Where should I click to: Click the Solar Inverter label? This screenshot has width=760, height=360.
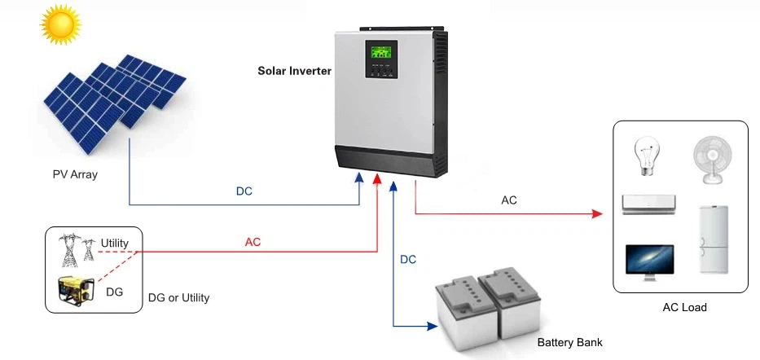(x=294, y=71)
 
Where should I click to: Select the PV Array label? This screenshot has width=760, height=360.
(x=72, y=174)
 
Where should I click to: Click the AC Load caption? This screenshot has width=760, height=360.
(x=684, y=308)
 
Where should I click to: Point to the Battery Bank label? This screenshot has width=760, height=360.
(x=569, y=343)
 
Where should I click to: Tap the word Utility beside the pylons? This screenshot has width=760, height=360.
(x=115, y=244)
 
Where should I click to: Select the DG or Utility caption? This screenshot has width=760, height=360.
(x=178, y=298)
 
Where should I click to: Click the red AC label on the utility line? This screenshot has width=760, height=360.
(x=253, y=242)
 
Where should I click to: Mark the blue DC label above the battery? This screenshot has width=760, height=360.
(x=408, y=260)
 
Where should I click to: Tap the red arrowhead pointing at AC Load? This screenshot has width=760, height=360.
(x=597, y=214)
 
